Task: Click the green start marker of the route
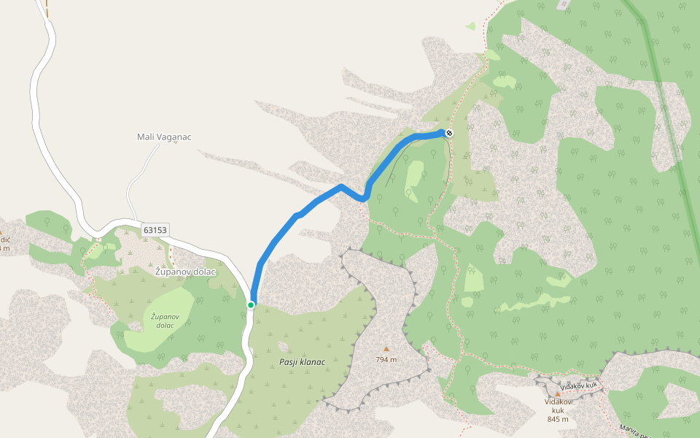(251, 305)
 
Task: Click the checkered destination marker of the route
(449, 133)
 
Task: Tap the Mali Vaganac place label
(164, 137)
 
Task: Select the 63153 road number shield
(155, 229)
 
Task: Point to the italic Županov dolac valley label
(165, 320)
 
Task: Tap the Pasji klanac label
(302, 362)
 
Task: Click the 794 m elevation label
(386, 359)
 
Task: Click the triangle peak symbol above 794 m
(386, 349)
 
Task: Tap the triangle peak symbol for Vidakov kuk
(558, 393)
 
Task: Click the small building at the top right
(564, 4)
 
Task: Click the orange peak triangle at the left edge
(1, 231)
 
